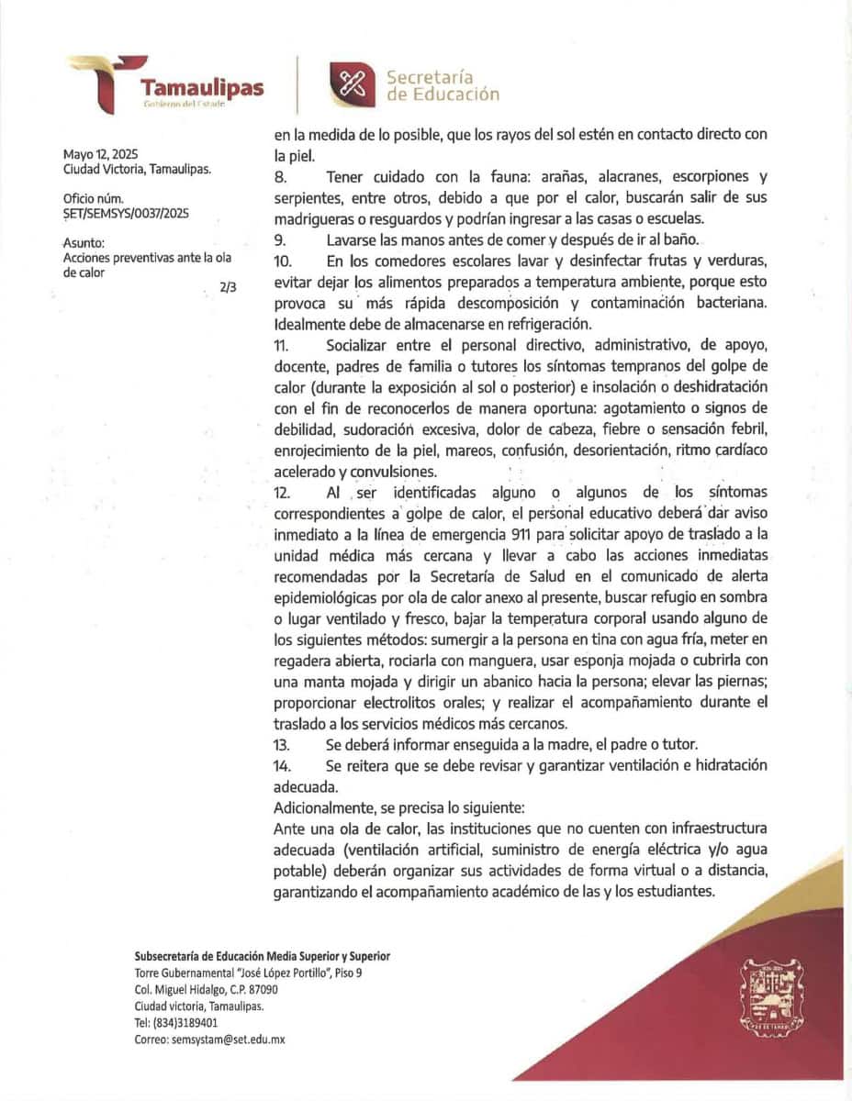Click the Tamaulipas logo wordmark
coord(201,88)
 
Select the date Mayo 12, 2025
coord(101,155)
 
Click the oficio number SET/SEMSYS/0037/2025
coord(126,213)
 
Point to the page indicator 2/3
coord(228,287)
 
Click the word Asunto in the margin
coord(84,243)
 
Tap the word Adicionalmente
coord(330,807)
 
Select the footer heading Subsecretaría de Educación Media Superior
coord(262,956)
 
